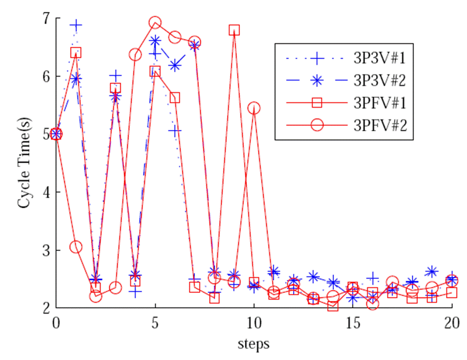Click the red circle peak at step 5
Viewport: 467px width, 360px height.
click(155, 23)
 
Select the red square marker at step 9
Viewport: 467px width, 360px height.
click(234, 30)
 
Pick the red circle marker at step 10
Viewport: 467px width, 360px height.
click(254, 108)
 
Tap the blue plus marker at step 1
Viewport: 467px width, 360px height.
click(76, 25)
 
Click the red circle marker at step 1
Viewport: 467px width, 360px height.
click(76, 247)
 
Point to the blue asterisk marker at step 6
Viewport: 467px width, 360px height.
click(175, 65)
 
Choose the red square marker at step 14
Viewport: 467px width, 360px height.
click(333, 306)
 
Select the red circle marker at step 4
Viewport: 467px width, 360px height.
click(135, 55)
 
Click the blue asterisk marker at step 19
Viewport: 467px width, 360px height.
click(432, 271)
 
